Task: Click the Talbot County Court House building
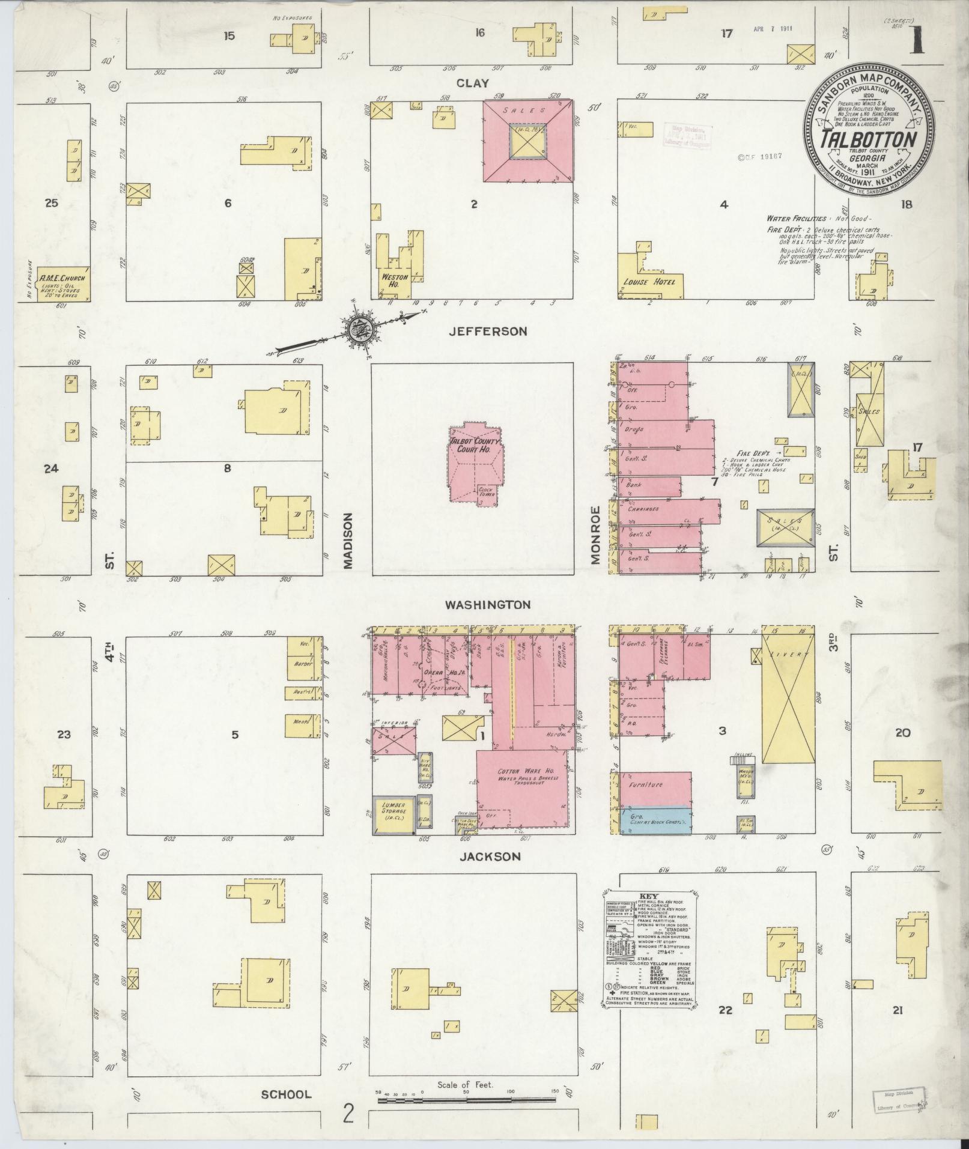click(x=475, y=460)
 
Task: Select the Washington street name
click(x=487, y=605)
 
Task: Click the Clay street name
click(x=472, y=83)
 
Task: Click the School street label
click(x=286, y=1094)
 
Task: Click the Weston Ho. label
click(x=394, y=280)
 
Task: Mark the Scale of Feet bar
click(x=469, y=1100)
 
